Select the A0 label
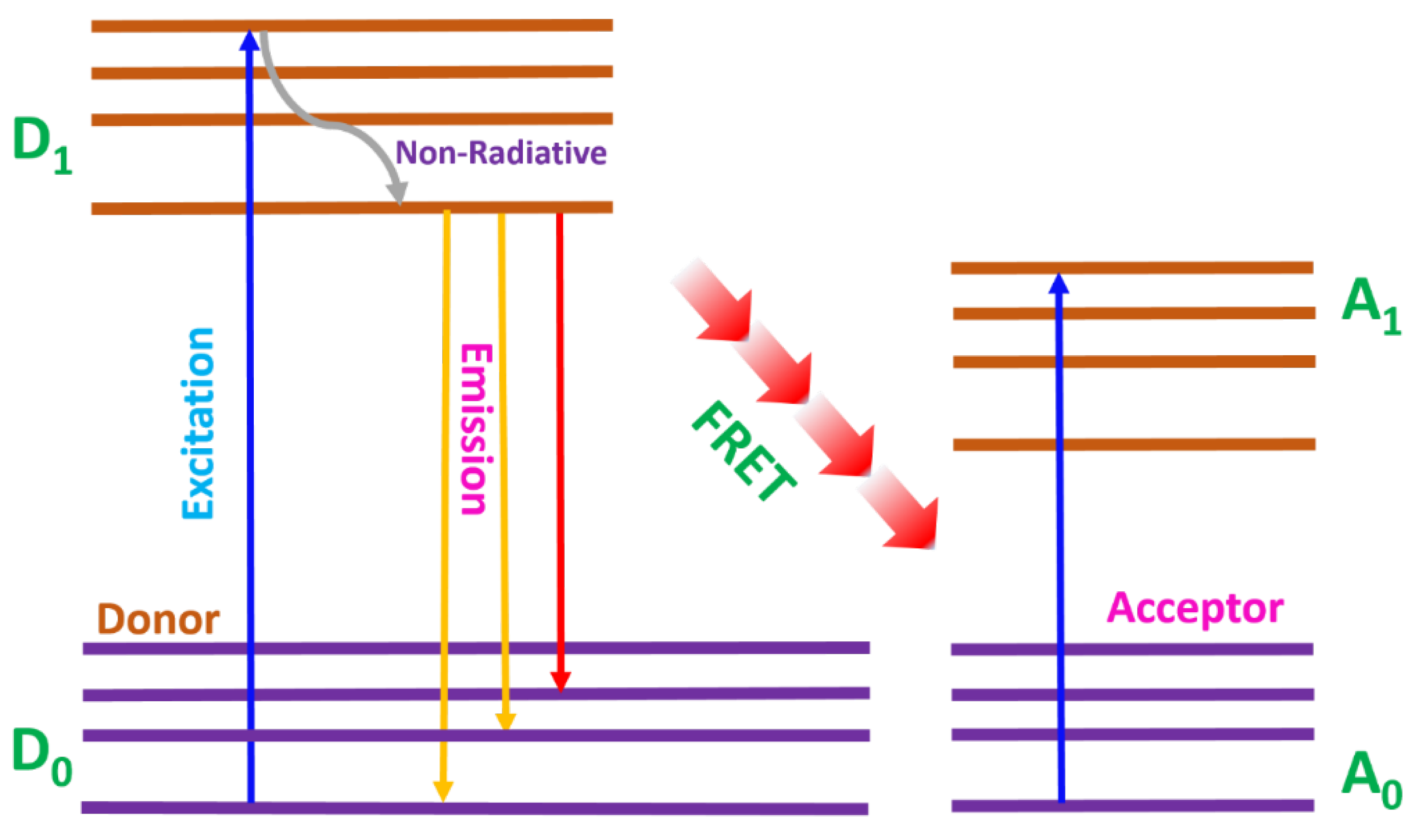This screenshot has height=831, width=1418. [1369, 780]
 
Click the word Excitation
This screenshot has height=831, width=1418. [198, 423]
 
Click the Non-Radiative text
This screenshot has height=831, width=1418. [501, 153]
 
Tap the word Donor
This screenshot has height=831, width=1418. [158, 620]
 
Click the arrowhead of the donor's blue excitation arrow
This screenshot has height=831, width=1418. [249, 40]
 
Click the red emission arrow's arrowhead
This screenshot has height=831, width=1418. [561, 681]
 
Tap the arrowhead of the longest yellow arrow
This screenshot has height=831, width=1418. [443, 791]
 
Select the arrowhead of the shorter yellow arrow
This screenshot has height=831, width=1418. [506, 721]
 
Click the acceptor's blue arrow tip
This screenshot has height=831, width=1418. [1059, 284]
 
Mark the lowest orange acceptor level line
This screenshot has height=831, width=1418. [1134, 445]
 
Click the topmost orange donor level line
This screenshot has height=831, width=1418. [352, 26]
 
